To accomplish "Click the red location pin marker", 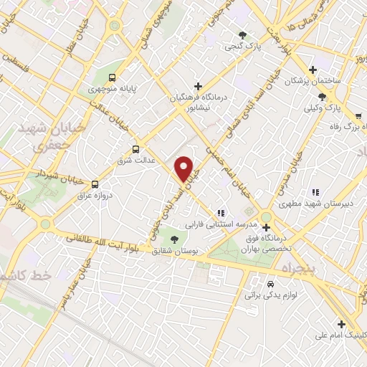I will tap(185, 168).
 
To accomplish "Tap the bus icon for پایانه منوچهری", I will tap(111, 77).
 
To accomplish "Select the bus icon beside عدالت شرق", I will tap(136, 149).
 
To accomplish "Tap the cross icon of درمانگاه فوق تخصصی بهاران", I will tap(266, 228).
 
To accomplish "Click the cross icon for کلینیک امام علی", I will tap(341, 323).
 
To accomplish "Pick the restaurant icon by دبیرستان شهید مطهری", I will tap(314, 191).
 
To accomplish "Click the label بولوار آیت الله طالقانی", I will tap(101, 242).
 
